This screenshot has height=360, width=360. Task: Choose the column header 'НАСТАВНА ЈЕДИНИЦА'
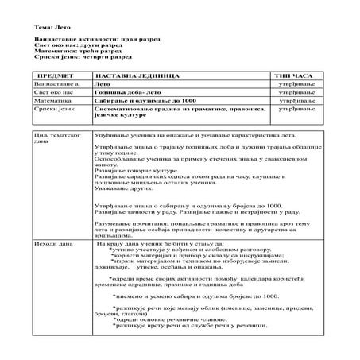click(134, 73)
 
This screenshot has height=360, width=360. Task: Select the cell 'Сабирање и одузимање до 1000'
click(143, 102)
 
